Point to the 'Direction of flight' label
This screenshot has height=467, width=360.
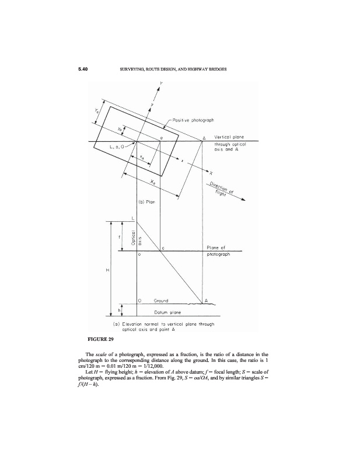click(x=224, y=190)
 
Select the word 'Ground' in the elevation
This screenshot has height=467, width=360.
click(x=160, y=301)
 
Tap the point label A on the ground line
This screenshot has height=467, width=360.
click(x=205, y=301)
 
